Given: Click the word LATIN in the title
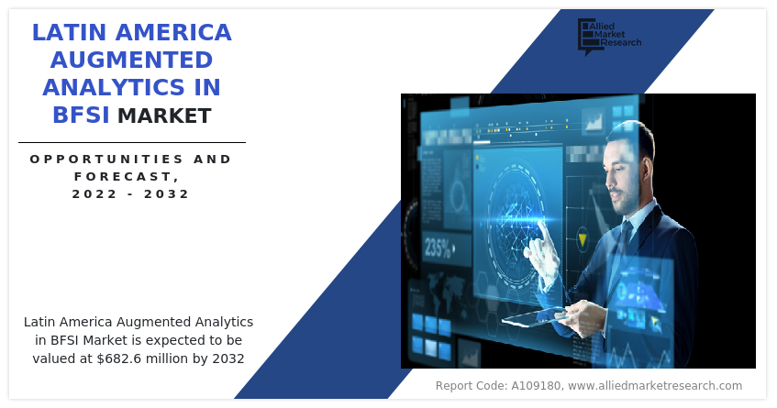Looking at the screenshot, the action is tap(70, 32).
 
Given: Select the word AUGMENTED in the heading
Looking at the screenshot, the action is tap(131, 60).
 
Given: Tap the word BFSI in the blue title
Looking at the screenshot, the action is tap(81, 115).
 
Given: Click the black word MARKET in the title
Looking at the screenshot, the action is tap(164, 116).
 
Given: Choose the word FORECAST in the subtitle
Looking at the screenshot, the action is tap(124, 176).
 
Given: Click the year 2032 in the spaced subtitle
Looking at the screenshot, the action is tap(167, 193).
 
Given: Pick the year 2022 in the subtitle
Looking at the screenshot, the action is tap(94, 193).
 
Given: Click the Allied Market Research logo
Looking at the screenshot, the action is tap(609, 36).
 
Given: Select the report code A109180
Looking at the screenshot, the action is tap(536, 386).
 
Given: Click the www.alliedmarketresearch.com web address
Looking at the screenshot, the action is tap(655, 386).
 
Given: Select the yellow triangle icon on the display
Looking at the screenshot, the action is tap(583, 239).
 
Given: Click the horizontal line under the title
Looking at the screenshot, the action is tap(132, 143).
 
